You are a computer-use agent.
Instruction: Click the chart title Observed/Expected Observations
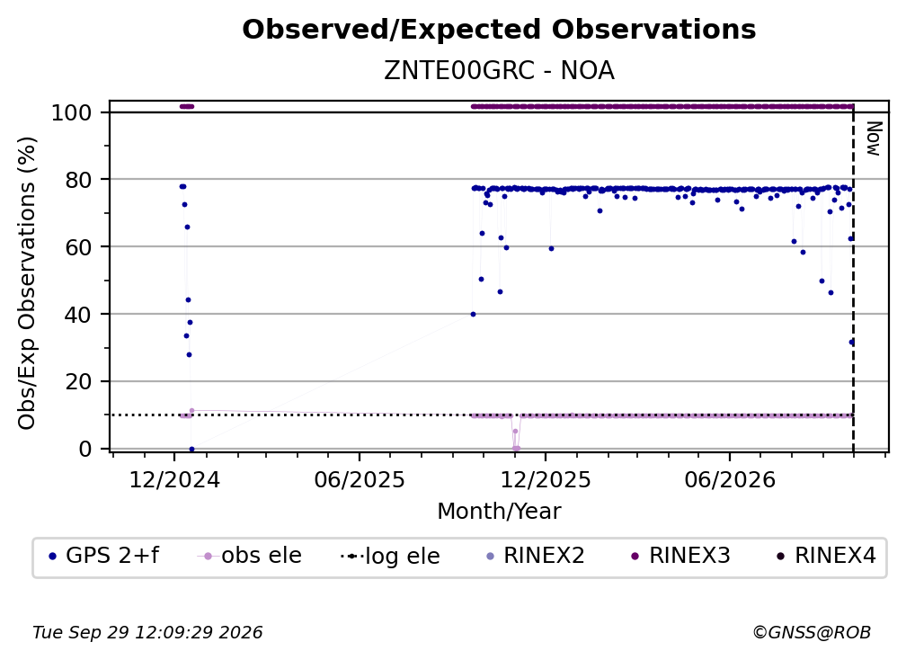tap(499, 30)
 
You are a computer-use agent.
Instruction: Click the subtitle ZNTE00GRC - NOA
tap(499, 70)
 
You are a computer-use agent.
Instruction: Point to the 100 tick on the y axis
tap(72, 112)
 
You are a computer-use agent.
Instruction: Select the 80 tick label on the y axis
tap(79, 180)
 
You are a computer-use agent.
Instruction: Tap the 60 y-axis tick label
tap(79, 247)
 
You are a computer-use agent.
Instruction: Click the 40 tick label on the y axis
tap(79, 315)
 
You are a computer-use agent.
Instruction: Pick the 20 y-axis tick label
tap(79, 382)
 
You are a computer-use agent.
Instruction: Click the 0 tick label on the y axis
tap(85, 449)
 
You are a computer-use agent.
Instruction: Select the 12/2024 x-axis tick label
tap(174, 480)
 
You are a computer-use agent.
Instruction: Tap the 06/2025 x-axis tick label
tap(360, 480)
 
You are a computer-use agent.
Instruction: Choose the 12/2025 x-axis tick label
tap(545, 480)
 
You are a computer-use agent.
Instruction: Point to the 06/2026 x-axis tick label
tap(730, 480)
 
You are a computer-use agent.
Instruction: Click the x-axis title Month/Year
tap(499, 512)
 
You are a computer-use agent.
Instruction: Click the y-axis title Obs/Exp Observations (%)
tap(27, 283)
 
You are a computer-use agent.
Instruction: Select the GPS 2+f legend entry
tap(104, 556)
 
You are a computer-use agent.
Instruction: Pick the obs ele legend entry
tap(249, 556)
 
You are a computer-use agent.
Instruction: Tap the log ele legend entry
tap(390, 557)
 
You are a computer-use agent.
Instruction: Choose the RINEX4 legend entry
tap(826, 556)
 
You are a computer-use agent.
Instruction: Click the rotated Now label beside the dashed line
tap(873, 138)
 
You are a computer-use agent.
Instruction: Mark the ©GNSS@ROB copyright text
tap(812, 633)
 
